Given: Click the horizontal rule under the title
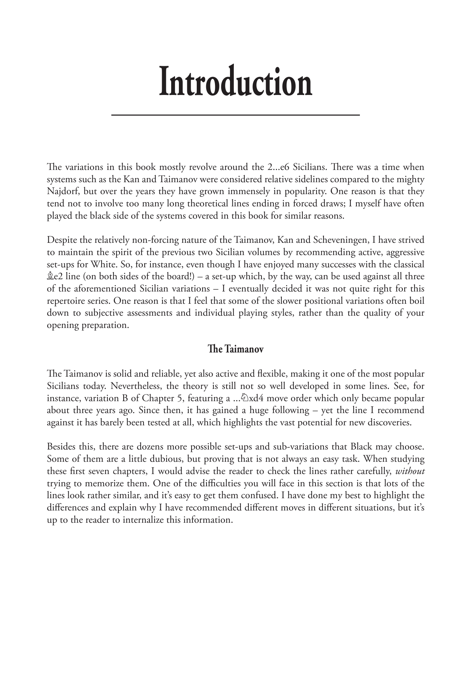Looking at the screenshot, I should click(236, 115).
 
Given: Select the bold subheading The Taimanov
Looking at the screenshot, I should click(235, 349).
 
